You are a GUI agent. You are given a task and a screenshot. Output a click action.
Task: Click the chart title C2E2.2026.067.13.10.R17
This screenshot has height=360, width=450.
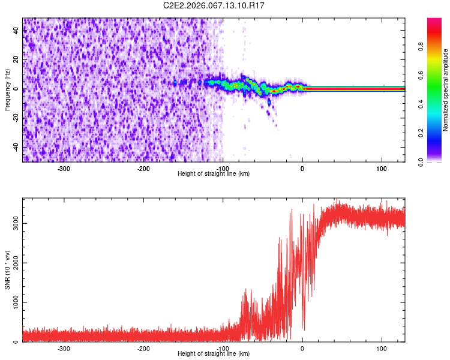coord(214,5)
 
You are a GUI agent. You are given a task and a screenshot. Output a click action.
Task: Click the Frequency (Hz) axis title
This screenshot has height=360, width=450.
coord(7,90)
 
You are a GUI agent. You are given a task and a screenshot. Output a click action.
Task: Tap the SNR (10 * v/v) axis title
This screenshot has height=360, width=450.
coord(7,270)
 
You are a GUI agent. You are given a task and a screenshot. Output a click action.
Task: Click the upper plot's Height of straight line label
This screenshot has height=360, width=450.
coord(214,173)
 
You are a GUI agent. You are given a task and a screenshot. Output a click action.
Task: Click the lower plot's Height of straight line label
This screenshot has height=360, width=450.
coord(214,353)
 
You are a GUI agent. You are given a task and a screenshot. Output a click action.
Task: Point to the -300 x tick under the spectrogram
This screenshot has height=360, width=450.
coord(64,168)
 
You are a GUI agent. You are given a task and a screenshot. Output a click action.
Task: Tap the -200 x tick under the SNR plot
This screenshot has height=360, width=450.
coord(143,348)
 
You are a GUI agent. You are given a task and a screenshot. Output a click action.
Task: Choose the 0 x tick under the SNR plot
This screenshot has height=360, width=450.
coord(302,348)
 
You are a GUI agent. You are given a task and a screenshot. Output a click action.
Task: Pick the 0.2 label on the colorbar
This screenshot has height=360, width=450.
coord(421,133)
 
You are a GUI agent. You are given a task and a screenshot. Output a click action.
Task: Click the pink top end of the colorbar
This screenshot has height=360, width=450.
coord(434,20)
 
